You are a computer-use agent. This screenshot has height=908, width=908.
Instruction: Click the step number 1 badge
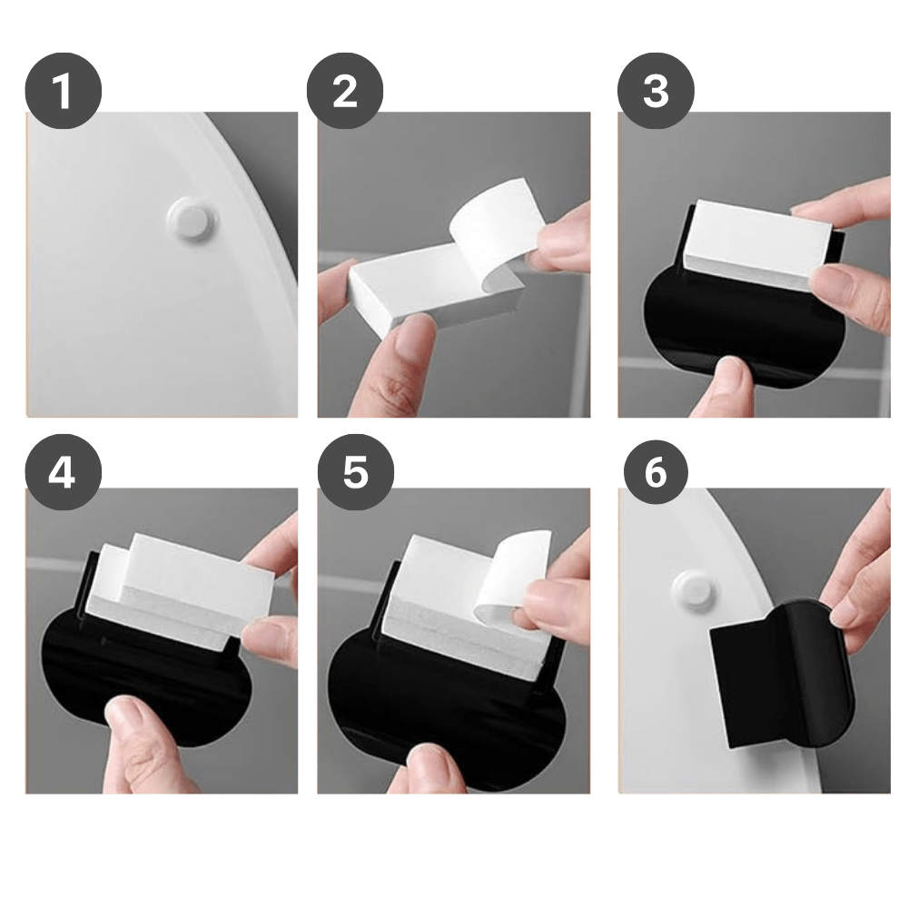pos(63,91)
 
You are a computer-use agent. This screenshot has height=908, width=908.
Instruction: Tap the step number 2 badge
pos(344,91)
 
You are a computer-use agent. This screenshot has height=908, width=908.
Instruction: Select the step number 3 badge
pos(656,91)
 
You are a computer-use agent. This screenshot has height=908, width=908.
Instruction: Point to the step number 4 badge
pos(63,472)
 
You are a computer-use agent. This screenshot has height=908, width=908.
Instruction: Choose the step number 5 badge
pos(355,472)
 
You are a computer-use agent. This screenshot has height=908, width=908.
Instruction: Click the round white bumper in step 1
pos(190,219)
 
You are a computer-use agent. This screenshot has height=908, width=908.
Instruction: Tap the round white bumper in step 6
pos(693,589)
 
